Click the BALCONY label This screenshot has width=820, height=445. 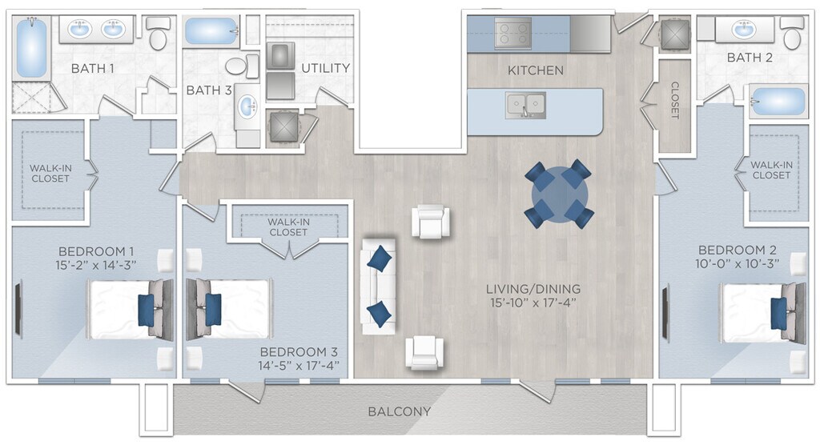tap(399, 411)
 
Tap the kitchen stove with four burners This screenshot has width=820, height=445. tap(512, 34)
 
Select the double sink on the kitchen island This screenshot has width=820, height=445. tap(525, 105)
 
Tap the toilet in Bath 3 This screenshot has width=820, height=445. tap(242, 66)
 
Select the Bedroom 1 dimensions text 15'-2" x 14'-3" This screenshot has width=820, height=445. tap(96, 265)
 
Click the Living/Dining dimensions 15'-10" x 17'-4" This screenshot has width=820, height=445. tap(533, 303)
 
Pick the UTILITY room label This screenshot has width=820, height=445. tap(325, 68)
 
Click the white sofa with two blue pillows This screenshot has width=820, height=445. tap(378, 287)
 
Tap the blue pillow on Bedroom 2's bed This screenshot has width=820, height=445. tap(778, 313)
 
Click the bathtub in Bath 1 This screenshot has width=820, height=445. tap(31, 48)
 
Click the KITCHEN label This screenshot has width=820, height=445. tap(536, 70)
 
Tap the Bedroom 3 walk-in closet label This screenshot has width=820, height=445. tap(288, 227)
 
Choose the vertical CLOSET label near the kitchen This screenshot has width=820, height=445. tap(674, 100)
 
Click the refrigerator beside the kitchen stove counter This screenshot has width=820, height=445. tap(590, 34)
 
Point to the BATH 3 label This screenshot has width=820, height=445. tap(209, 90)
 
